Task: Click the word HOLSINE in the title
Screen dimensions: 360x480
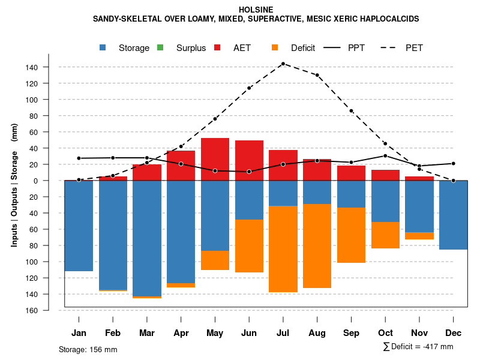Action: (256, 10)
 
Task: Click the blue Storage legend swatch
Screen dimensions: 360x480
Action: (104, 48)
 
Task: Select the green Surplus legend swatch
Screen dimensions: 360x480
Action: (160, 48)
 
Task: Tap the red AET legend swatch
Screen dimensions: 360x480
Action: (218, 48)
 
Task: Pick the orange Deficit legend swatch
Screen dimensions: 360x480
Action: (275, 48)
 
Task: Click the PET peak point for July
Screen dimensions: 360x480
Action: (283, 64)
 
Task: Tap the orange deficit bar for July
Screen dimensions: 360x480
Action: (283, 249)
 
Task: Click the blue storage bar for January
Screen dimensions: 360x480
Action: (79, 226)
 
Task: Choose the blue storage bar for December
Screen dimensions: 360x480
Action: (453, 215)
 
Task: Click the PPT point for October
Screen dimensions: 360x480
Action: (385, 156)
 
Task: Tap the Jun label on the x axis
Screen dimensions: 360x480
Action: (249, 333)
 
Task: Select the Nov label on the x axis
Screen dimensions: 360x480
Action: (419, 333)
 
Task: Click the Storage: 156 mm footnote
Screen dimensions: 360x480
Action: (88, 349)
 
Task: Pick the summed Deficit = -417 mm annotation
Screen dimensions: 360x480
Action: (418, 347)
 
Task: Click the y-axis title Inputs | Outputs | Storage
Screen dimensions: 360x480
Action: (14, 185)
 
